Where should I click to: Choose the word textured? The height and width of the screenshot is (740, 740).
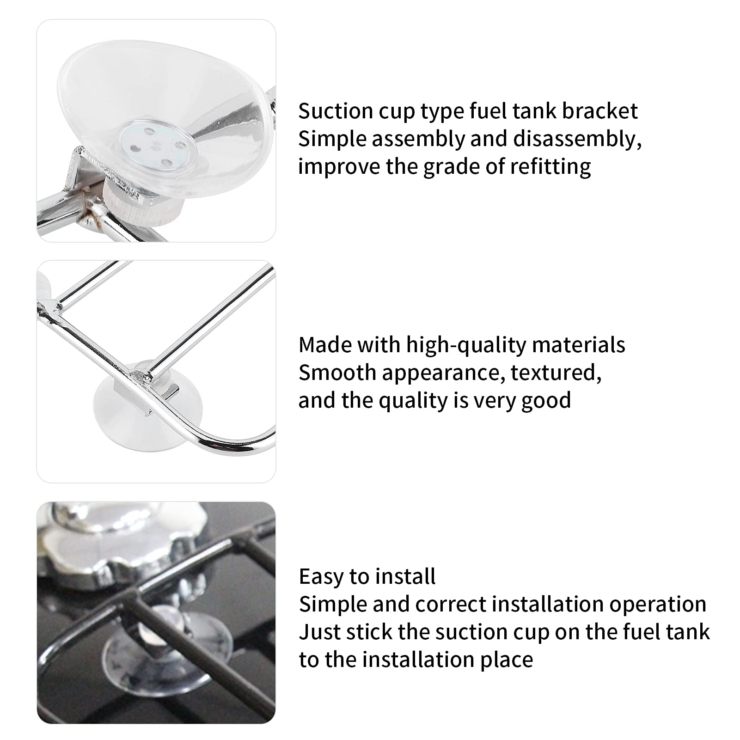[556, 373]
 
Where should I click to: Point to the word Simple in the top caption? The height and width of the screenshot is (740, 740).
[332, 139]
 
